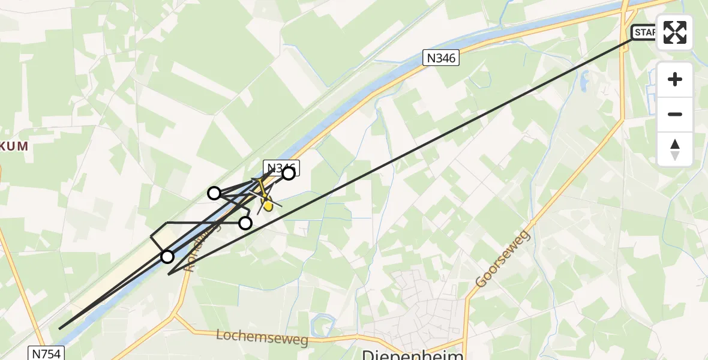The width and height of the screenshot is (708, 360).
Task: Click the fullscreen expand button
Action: (675, 32)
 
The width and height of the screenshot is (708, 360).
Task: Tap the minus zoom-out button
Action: (675, 115)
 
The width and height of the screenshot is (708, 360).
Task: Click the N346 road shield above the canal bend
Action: (441, 58)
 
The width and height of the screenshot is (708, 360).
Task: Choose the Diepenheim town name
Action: (413, 355)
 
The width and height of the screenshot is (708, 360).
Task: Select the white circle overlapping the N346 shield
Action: (289, 173)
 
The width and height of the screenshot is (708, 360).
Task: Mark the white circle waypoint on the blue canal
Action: (167, 257)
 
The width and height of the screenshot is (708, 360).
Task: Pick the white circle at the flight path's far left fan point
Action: (214, 193)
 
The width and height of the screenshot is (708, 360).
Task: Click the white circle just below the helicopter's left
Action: (245, 223)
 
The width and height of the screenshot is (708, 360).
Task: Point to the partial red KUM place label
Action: (14, 146)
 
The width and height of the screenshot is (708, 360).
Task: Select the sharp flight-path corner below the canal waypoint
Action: (169, 274)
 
